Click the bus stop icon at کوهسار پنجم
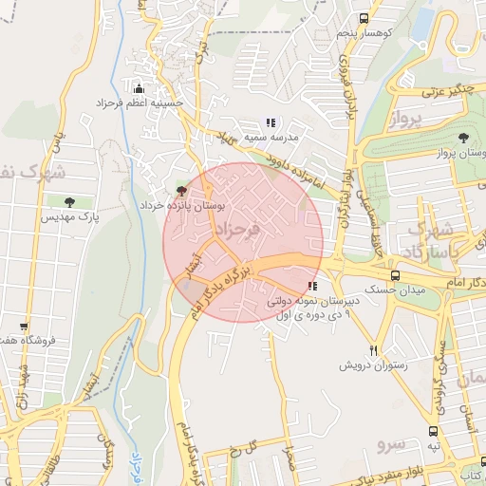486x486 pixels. tap(364, 18)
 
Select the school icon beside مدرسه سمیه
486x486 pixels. tap(271, 122)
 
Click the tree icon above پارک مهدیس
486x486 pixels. tap(69, 201)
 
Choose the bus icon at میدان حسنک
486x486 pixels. tap(396, 276)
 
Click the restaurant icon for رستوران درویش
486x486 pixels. tap(374, 350)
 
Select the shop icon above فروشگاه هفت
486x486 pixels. tap(23, 326)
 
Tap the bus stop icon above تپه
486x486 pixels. tap(433, 429)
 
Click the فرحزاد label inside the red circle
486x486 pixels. tap(237, 231)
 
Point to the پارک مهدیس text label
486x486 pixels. tap(69, 217)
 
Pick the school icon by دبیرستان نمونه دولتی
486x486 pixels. tap(312, 286)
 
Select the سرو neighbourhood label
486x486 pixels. tap(390, 443)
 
